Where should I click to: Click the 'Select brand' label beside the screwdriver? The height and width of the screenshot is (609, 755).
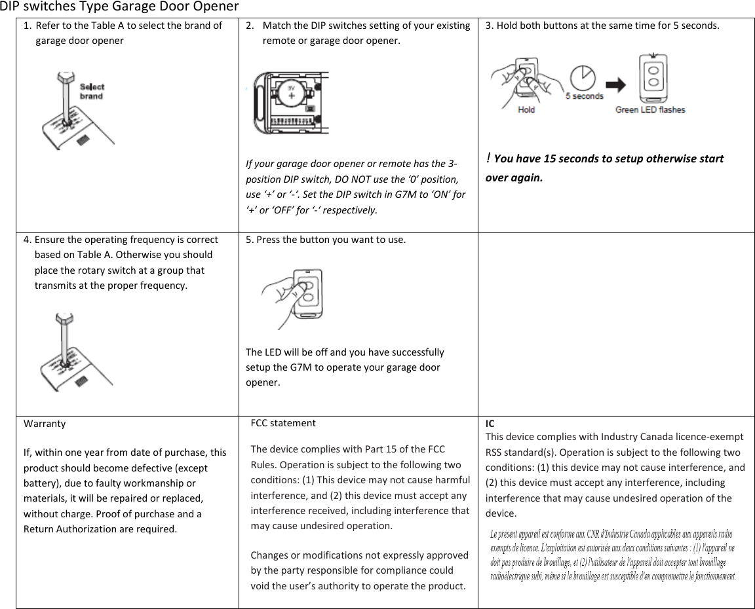click(92, 91)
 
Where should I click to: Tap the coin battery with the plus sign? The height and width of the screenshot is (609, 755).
click(291, 92)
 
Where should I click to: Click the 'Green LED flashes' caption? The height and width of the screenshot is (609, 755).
click(649, 109)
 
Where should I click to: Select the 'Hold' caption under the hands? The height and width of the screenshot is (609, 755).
click(526, 109)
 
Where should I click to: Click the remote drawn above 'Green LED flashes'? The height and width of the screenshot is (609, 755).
click(653, 77)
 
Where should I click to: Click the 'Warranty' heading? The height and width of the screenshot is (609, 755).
click(45, 423)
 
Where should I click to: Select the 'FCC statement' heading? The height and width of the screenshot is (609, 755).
click(283, 423)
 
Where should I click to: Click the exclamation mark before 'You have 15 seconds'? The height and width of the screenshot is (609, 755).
click(488, 158)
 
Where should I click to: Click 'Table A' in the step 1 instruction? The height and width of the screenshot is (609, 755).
click(109, 26)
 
